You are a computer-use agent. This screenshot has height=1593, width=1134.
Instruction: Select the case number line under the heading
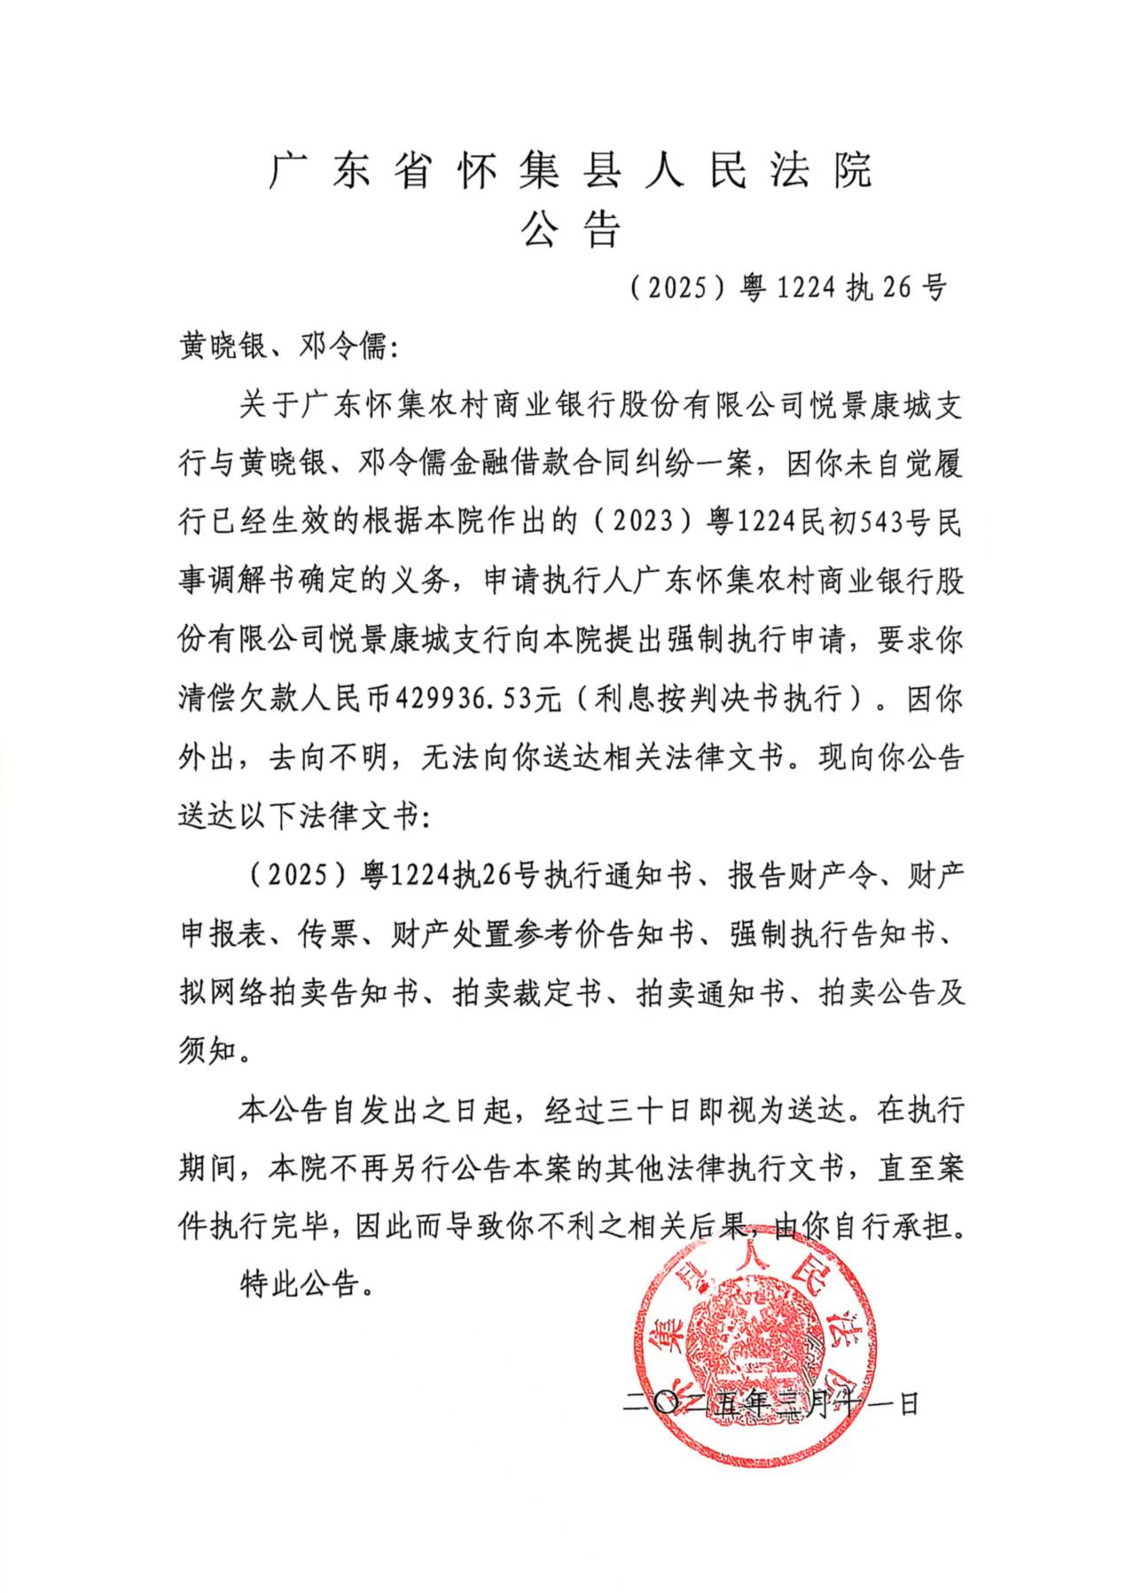pos(788,287)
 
